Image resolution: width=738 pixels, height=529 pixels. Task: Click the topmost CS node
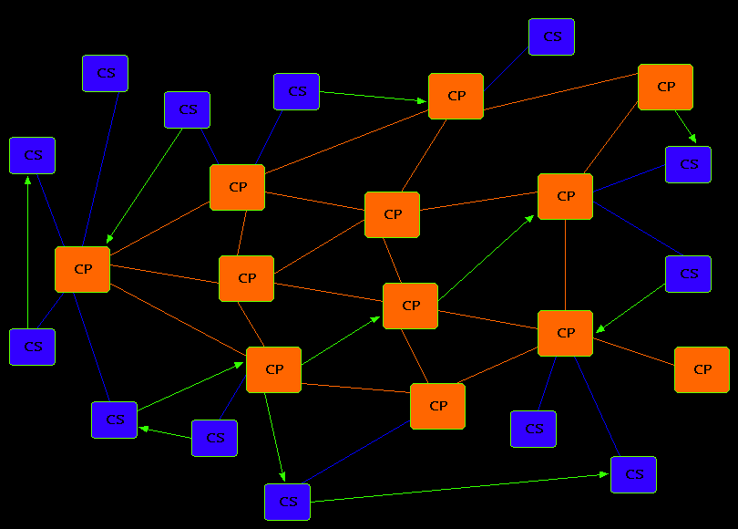pyautogui.click(x=551, y=37)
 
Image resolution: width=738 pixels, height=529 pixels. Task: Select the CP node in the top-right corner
pyautogui.click(x=665, y=87)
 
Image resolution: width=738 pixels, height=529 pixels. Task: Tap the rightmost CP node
pyautogui.click(x=702, y=369)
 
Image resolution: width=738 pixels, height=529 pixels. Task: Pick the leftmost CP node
pyautogui.click(x=82, y=269)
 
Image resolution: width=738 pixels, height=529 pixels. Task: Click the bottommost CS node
pyautogui.click(x=287, y=502)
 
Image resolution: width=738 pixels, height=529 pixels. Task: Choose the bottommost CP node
pyautogui.click(x=437, y=406)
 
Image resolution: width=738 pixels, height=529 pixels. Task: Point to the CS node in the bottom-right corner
pyautogui.click(x=633, y=474)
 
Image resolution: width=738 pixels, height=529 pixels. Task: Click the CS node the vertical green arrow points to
pyautogui.click(x=32, y=155)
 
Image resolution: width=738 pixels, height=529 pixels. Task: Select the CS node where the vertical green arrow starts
pyautogui.click(x=32, y=347)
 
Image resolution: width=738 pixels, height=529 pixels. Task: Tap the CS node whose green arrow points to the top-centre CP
pyautogui.click(x=296, y=91)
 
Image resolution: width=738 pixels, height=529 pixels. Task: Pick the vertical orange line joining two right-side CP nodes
pyautogui.click(x=566, y=264)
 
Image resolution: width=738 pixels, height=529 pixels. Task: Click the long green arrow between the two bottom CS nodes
pyautogui.click(x=456, y=488)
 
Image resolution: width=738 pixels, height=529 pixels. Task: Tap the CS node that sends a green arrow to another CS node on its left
pyautogui.click(x=214, y=438)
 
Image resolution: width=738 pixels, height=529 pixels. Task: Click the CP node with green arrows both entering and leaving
pyautogui.click(x=273, y=369)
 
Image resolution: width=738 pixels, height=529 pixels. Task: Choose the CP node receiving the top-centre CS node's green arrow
pyautogui.click(x=456, y=96)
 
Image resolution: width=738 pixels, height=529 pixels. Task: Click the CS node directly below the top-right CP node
pyautogui.click(x=688, y=164)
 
